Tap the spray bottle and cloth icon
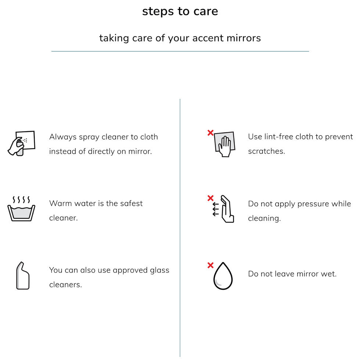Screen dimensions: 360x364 [21, 143]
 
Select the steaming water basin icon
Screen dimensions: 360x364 [21, 208]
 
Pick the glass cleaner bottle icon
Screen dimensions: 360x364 [23, 275]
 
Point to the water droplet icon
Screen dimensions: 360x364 [223, 276]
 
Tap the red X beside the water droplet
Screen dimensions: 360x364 [210, 265]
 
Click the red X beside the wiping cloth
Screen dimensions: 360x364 [210, 133]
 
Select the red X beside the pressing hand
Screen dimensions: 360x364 [210, 198]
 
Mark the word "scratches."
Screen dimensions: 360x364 [267, 151]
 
